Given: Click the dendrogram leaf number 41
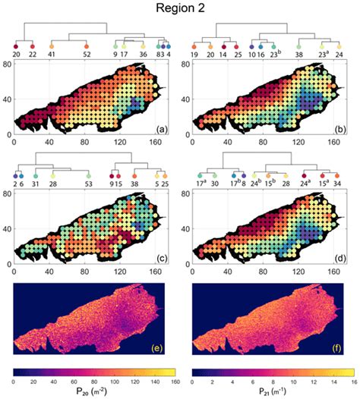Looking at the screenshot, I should click(52, 55).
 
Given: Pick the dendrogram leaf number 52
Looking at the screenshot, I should click(87, 55).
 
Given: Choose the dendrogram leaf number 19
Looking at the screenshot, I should click(195, 55).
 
